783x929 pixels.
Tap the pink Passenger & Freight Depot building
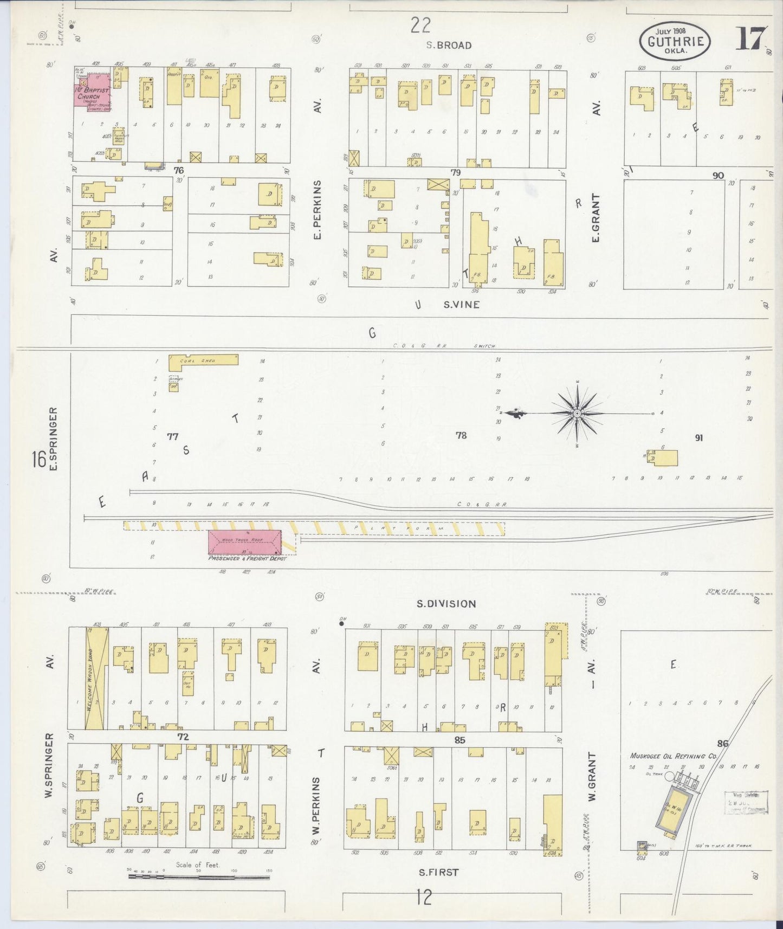245,542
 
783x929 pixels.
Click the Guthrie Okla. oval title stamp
675,41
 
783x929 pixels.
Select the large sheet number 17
751,38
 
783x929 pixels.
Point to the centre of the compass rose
577,413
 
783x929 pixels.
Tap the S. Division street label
447,604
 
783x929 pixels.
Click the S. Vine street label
461,305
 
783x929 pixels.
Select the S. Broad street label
449,46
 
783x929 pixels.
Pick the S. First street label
438,872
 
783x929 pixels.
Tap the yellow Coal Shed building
203,360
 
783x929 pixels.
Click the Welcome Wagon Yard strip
92,678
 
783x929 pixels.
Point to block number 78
461,435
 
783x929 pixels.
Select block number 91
698,437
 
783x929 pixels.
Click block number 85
460,740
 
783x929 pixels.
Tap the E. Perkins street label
318,210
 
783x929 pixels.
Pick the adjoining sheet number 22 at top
420,25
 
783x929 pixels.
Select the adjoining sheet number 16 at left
38,460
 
